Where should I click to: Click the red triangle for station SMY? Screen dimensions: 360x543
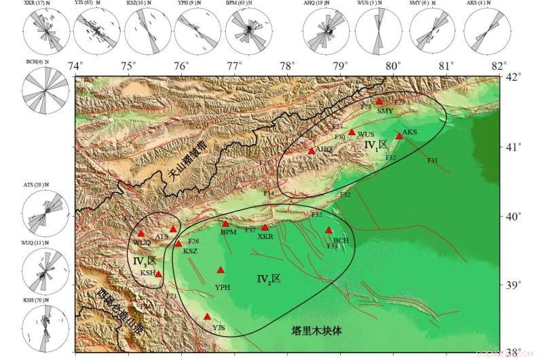tap(379, 101)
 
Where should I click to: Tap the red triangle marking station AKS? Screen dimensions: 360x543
tap(399, 136)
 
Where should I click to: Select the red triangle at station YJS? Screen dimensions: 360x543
tap(207, 317)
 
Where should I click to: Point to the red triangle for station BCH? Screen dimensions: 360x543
tap(329, 230)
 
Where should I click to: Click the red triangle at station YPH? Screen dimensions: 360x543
tap(221, 270)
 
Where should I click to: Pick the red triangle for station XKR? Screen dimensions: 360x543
tap(265, 228)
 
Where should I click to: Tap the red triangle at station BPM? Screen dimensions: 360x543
tap(226, 223)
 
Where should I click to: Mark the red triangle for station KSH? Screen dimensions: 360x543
tap(159, 274)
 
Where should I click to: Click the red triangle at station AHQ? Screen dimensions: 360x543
tap(312, 151)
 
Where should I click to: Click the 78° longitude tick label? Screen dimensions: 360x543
tap(288, 67)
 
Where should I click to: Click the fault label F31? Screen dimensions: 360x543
tap(432, 160)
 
